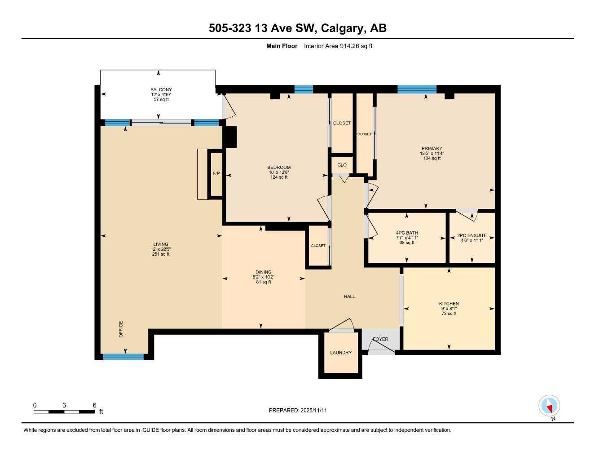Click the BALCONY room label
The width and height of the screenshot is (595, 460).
161,90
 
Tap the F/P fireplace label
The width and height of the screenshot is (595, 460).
216,173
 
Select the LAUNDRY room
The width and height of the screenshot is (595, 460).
341,353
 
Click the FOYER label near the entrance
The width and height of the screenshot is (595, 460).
380,339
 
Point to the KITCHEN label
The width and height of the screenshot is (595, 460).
449,304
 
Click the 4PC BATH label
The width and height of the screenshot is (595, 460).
407,233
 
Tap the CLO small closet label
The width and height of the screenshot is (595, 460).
342,165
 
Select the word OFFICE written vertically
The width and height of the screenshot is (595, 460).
121,329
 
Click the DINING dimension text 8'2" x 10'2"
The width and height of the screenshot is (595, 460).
264,277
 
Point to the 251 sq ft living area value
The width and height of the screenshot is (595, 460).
161,254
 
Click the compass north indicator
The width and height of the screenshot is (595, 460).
549,406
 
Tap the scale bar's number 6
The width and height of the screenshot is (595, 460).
94,405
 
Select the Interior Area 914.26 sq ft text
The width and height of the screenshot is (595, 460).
338,46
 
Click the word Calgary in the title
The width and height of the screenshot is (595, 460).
344,28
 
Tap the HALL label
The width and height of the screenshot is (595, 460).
349,296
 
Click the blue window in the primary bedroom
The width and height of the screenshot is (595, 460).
417,89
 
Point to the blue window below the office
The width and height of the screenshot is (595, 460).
123,357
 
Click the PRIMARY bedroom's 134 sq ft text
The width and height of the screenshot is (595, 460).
432,158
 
